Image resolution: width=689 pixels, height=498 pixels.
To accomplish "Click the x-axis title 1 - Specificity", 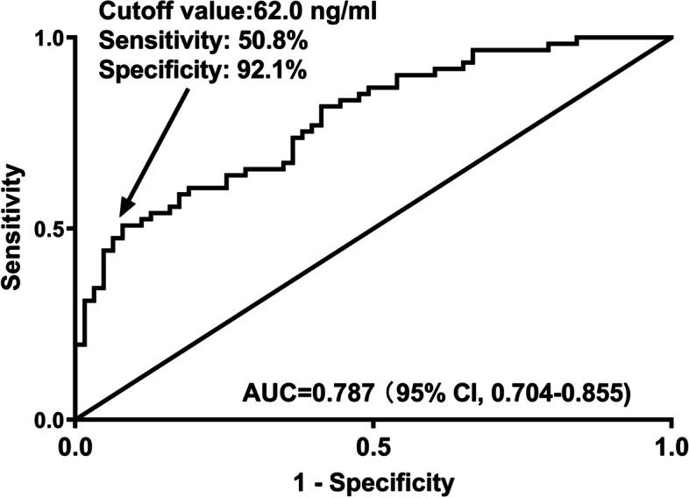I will (x=374, y=480).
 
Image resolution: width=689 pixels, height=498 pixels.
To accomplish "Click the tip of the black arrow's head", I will (x=119, y=215).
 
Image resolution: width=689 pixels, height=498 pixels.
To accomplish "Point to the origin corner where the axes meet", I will (x=77, y=420).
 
